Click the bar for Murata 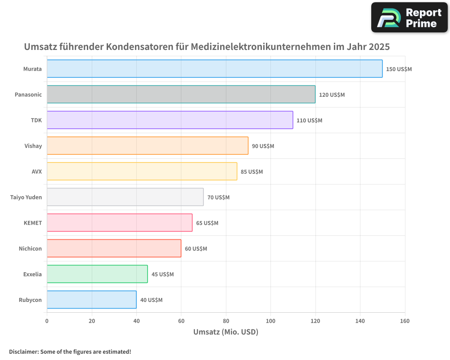coord(215,69)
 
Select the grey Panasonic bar coord(181,94)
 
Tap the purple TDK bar coord(170,120)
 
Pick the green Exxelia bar coord(97,274)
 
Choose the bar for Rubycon coord(91,300)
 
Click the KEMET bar coord(119,223)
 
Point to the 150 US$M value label coord(399,69)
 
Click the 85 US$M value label coord(252,172)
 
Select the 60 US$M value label coord(196,249)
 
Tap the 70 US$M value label coord(218,198)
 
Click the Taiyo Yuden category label coord(26,197)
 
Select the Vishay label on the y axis coord(33,146)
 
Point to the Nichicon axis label coord(30,248)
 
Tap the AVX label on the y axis coord(36,171)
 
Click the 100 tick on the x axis coord(270,321)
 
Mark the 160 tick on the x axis coord(405,321)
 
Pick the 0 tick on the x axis coord(47,321)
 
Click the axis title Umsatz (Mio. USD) coord(225,332)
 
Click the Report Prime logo coord(409,18)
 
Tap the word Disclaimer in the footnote coord(23,351)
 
